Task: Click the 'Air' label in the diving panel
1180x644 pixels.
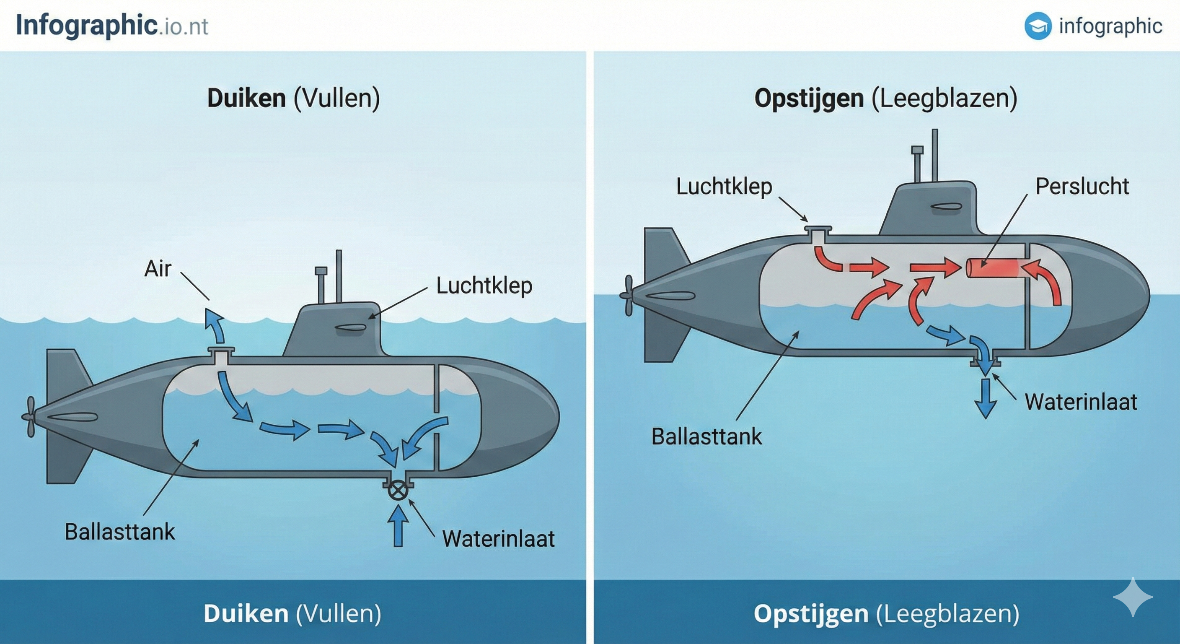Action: [x=158, y=269]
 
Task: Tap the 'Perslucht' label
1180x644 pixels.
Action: [x=1082, y=187]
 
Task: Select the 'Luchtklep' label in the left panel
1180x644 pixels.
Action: [x=484, y=286]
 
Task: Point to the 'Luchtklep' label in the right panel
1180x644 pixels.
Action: [x=724, y=187]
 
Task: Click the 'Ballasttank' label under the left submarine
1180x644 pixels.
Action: [x=119, y=532]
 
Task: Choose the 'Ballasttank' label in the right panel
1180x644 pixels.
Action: [x=706, y=436]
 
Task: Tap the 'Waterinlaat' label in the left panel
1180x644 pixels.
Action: [x=498, y=539]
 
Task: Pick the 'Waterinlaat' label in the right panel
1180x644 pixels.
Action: [x=1081, y=402]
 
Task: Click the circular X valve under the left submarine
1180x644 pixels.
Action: [x=398, y=490]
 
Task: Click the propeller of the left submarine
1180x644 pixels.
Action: [x=29, y=417]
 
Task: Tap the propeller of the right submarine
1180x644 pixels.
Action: [x=628, y=295]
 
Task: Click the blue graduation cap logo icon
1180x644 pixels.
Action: [x=1038, y=26]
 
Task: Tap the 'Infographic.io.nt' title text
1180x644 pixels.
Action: [x=112, y=25]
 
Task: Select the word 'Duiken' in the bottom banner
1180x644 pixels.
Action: [x=246, y=614]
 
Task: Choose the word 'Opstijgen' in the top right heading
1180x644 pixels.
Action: [x=808, y=98]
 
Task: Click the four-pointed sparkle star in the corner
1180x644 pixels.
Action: [x=1132, y=597]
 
